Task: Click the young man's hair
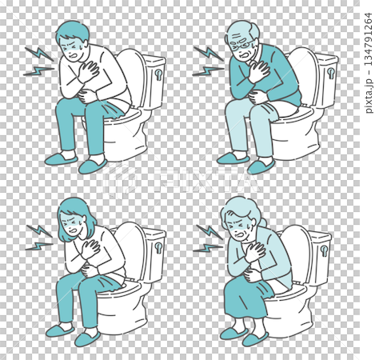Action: click(x=74, y=31)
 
